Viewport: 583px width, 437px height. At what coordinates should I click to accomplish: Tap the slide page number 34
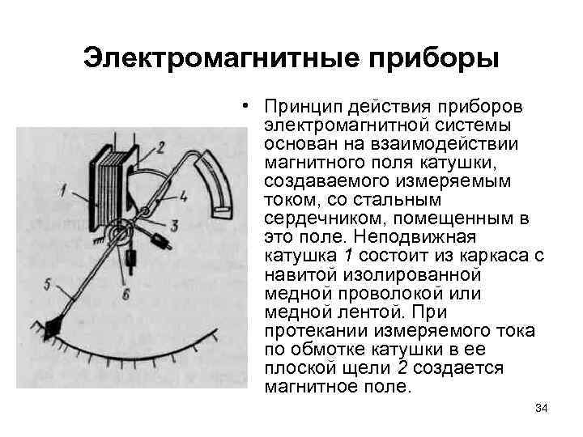[x=542, y=408]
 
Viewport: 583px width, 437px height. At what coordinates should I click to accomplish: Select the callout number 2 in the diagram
[x=160, y=146]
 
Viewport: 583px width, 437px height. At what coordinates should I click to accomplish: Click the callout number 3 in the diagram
[x=173, y=223]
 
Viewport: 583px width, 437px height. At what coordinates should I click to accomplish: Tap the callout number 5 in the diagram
[x=47, y=282]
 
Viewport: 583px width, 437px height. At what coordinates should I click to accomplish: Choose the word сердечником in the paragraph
[x=326, y=219]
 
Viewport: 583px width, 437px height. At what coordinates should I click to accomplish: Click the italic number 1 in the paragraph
[x=349, y=257]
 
